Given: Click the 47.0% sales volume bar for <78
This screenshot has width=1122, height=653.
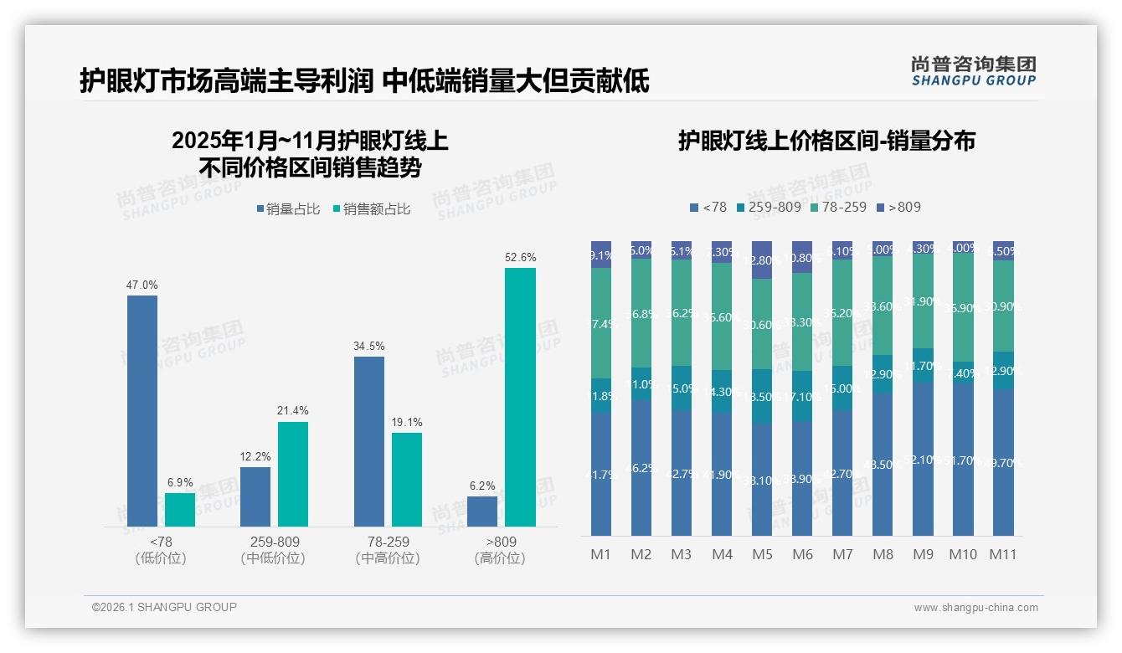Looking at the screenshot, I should click(x=142, y=410).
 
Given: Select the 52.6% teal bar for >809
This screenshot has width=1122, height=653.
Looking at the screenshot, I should click(x=520, y=397).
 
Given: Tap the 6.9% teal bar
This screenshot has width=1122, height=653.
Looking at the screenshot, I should click(x=180, y=509).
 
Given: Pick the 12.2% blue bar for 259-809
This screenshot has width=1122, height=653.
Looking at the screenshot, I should click(x=255, y=496).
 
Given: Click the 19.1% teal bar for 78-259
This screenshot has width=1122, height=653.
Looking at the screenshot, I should click(x=407, y=479).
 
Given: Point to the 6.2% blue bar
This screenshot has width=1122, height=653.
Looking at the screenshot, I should click(x=482, y=511).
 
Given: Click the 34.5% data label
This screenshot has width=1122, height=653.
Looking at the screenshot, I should click(x=369, y=346).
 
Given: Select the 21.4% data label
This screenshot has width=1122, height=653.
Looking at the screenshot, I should click(x=293, y=410).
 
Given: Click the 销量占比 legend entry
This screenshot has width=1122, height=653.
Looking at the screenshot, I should click(x=288, y=209).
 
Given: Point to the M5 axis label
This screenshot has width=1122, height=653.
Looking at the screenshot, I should click(x=762, y=554).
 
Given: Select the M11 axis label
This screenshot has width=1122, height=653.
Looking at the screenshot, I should click(x=1003, y=554).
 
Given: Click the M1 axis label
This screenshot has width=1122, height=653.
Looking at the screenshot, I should click(x=601, y=554).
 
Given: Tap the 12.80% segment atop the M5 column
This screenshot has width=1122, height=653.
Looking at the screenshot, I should click(x=762, y=260).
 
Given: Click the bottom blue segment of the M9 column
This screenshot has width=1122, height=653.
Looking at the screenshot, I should click(x=923, y=459).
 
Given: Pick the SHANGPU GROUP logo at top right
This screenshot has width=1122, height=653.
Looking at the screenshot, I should click(x=974, y=71).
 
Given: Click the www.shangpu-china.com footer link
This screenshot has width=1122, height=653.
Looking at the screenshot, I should click(x=975, y=608).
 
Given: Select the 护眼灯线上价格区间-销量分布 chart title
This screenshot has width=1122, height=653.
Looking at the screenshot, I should click(x=826, y=141).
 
